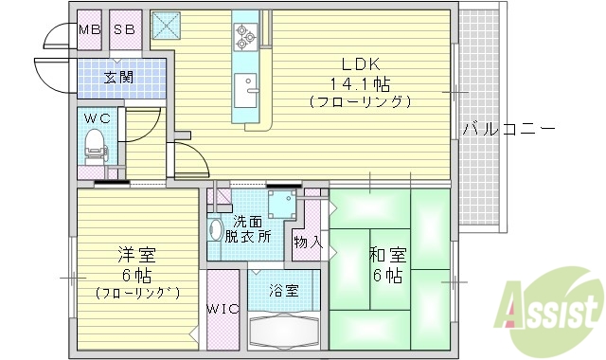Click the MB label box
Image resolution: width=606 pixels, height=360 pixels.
[x=90, y=28]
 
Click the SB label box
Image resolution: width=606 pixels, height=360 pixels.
[x=125, y=28]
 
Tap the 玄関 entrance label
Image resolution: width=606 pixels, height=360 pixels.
[x=118, y=77]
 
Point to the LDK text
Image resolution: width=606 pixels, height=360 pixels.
[x=360, y=64]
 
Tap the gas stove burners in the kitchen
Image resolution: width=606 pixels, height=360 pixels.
[x=246, y=36]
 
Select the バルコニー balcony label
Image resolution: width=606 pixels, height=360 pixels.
[x=508, y=129]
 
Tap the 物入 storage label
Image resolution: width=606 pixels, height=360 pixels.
[x=309, y=242]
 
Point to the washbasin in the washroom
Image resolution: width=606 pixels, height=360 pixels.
[x=215, y=230]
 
